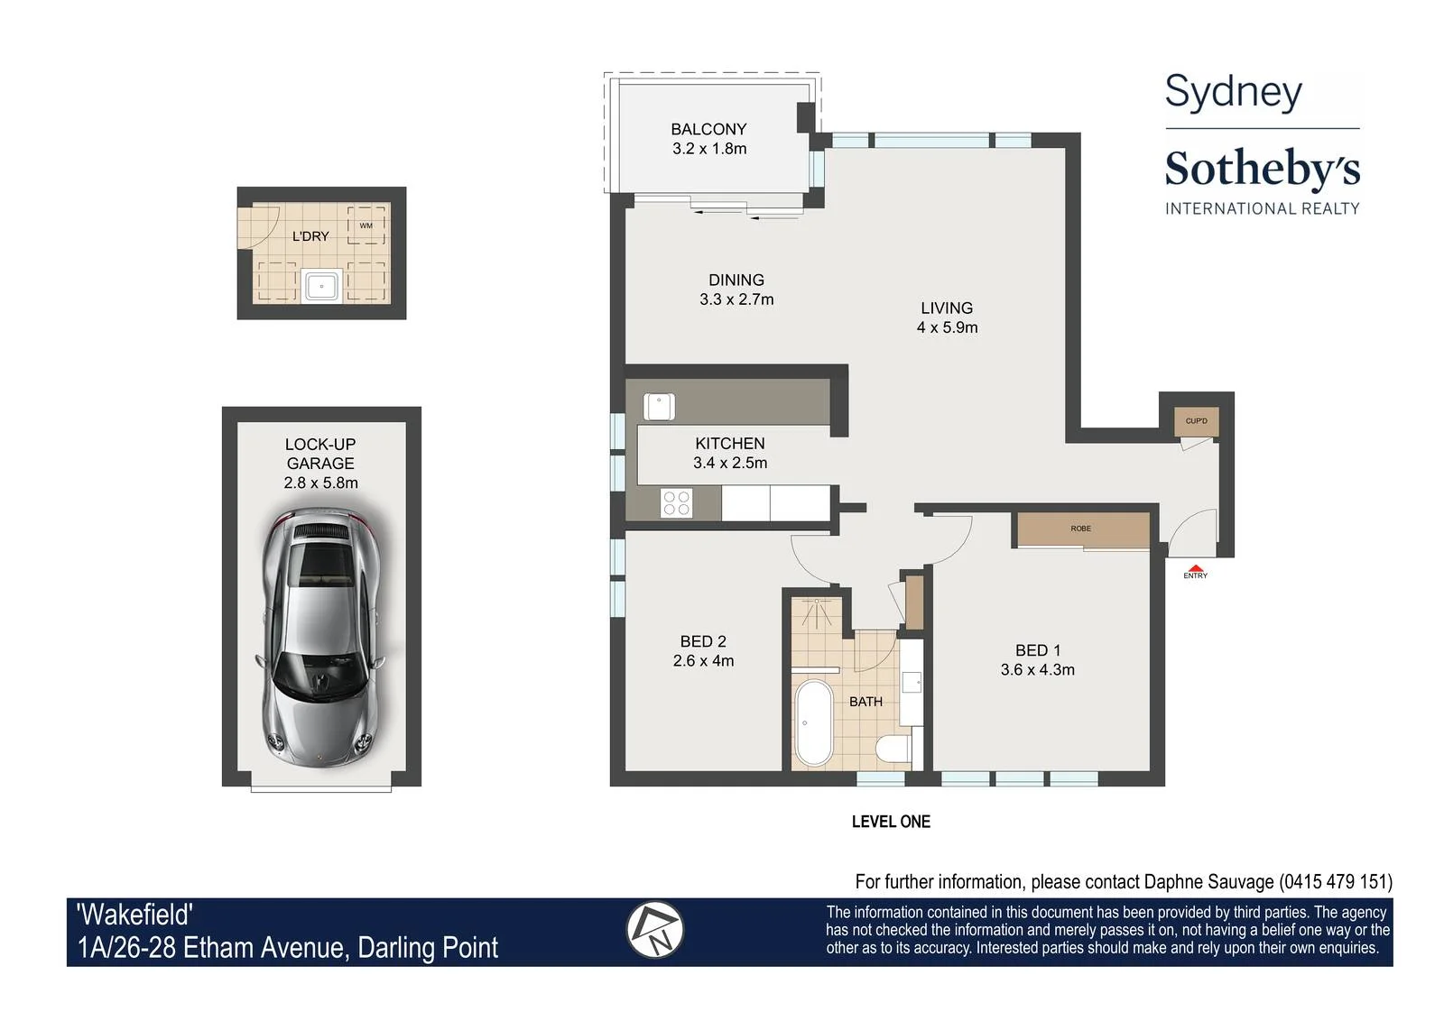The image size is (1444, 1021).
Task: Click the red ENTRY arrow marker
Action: coord(1195,568)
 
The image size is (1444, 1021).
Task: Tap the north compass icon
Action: coord(654,930)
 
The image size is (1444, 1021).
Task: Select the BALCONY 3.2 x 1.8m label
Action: coord(709,139)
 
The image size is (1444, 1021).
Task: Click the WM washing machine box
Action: coord(366,225)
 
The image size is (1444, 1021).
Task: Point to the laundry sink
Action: coord(321,285)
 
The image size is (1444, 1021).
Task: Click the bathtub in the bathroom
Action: coord(813,722)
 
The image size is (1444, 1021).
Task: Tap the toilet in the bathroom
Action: coord(894,750)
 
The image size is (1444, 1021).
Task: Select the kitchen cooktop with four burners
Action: coord(676,503)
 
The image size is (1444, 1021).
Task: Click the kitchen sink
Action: coord(659,407)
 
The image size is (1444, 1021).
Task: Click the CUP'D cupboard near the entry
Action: coord(1196,421)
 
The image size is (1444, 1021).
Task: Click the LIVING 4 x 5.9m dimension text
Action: coord(947,327)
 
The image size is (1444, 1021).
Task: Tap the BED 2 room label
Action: coord(703,641)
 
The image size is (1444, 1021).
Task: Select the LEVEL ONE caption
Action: coord(891,822)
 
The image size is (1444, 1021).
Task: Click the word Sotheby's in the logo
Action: coord(1263,169)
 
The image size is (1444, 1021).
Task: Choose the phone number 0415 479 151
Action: coord(1336,882)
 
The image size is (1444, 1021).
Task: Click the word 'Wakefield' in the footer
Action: coord(134,915)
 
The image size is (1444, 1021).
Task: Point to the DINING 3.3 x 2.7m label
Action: coord(736,290)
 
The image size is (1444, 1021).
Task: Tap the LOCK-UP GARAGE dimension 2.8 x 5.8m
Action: coord(320,483)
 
